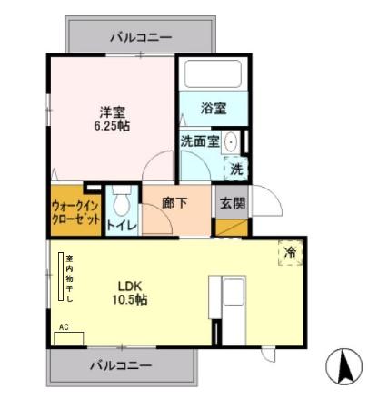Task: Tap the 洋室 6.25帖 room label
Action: [114, 119]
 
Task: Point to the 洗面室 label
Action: [198, 141]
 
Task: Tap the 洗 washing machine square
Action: [236, 168]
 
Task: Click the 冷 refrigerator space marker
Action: [290, 253]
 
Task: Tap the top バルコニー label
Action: [141, 37]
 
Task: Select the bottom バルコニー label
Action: [120, 365]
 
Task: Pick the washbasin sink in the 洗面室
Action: [231, 141]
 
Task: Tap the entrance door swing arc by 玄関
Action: [263, 200]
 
